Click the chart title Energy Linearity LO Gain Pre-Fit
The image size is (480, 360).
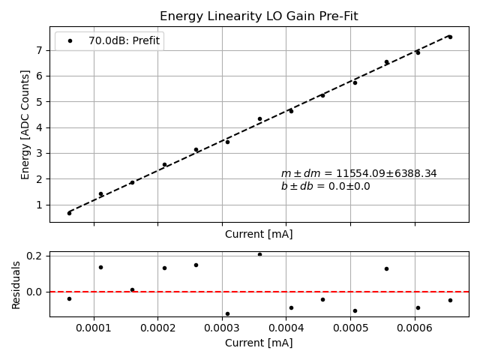point(259,16)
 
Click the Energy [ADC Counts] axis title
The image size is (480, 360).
point(25,124)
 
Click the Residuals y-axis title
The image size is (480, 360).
point(16,285)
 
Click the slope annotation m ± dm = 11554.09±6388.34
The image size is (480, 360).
point(358,173)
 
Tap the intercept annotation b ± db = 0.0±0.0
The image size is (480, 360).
point(325,187)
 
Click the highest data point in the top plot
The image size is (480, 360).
point(450,37)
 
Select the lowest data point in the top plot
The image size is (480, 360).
point(69,213)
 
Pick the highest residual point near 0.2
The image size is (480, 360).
point(259,254)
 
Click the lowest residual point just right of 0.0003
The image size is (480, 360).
point(227,313)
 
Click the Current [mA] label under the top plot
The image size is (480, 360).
point(259,234)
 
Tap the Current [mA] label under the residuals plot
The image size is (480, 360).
point(259,343)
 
